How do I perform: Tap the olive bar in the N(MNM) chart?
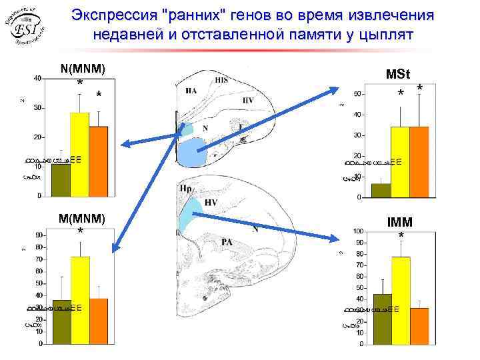pyautogui.click(x=61, y=180)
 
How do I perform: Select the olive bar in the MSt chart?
pyautogui.click(x=381, y=191)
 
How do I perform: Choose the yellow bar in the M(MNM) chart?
pyautogui.click(x=79, y=300)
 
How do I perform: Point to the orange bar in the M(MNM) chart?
pyautogui.click(x=98, y=321)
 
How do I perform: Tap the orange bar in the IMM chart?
pyautogui.click(x=419, y=326)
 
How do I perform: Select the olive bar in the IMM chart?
pyautogui.click(x=382, y=319)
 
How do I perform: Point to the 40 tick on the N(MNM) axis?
pyautogui.click(x=37, y=79)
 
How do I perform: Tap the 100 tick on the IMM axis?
pyautogui.click(x=358, y=231)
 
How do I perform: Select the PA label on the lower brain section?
pyautogui.click(x=227, y=242)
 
